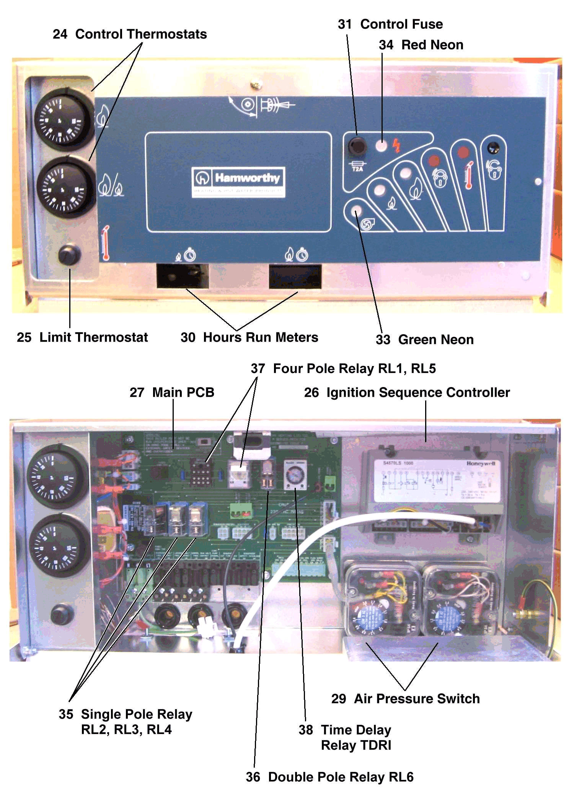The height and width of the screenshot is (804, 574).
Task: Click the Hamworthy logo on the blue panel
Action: [238, 182]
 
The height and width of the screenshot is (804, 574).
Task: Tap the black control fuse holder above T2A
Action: [357, 146]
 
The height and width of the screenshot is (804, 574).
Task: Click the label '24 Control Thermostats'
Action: [130, 34]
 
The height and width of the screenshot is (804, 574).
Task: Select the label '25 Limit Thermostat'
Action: [82, 337]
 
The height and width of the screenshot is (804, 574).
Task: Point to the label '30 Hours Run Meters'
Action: [249, 337]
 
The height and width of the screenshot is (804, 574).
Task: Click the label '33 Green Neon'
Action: [425, 340]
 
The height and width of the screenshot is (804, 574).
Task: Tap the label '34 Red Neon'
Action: [421, 45]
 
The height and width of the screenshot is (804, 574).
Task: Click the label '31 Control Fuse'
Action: [390, 24]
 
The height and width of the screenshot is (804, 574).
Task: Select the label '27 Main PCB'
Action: [172, 392]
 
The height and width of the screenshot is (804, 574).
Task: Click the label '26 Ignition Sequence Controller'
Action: [407, 392]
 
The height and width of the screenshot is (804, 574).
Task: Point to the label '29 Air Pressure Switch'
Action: [405, 699]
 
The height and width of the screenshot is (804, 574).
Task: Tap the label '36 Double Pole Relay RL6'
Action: [329, 777]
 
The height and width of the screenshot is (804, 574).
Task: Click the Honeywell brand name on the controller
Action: [481, 463]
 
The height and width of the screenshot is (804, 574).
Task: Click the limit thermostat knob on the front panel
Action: [69, 255]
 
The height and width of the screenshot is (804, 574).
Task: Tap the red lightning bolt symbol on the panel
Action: [396, 146]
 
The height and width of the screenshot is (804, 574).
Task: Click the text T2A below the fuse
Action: [357, 169]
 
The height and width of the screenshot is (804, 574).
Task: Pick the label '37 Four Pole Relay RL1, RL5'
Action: [343, 369]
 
